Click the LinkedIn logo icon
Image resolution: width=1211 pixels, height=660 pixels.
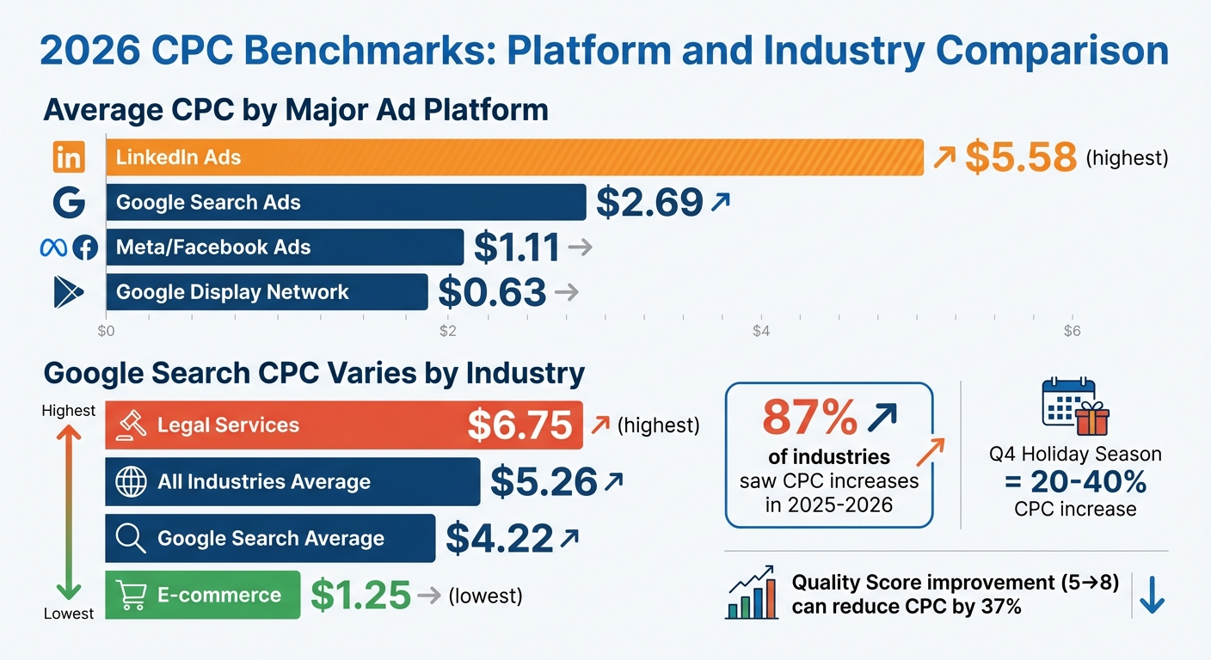pos(69,157)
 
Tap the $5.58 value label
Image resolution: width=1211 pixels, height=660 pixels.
pos(1021,157)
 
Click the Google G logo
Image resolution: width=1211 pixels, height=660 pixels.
pos(69,203)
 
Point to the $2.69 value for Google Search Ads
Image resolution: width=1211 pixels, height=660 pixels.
pos(649,203)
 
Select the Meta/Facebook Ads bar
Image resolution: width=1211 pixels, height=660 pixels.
pos(285,247)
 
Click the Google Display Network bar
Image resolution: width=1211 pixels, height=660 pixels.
pos(267,292)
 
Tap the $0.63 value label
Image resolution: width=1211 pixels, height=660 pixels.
pos(492,292)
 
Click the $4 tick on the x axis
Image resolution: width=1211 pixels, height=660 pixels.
pos(759,332)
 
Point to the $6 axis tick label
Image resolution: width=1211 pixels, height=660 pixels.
pos(1072,332)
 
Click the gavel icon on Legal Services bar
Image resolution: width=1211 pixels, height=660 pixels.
pos(132,425)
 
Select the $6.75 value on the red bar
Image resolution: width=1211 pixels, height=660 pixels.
pos(519,425)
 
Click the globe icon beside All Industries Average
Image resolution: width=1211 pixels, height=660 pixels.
pos(131,482)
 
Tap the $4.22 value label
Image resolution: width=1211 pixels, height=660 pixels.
pos(499,539)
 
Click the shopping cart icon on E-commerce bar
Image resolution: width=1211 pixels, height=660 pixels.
pos(131,595)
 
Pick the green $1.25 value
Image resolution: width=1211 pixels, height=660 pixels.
pos(360,595)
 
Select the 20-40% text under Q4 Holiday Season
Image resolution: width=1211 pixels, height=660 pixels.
pos(1075,483)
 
